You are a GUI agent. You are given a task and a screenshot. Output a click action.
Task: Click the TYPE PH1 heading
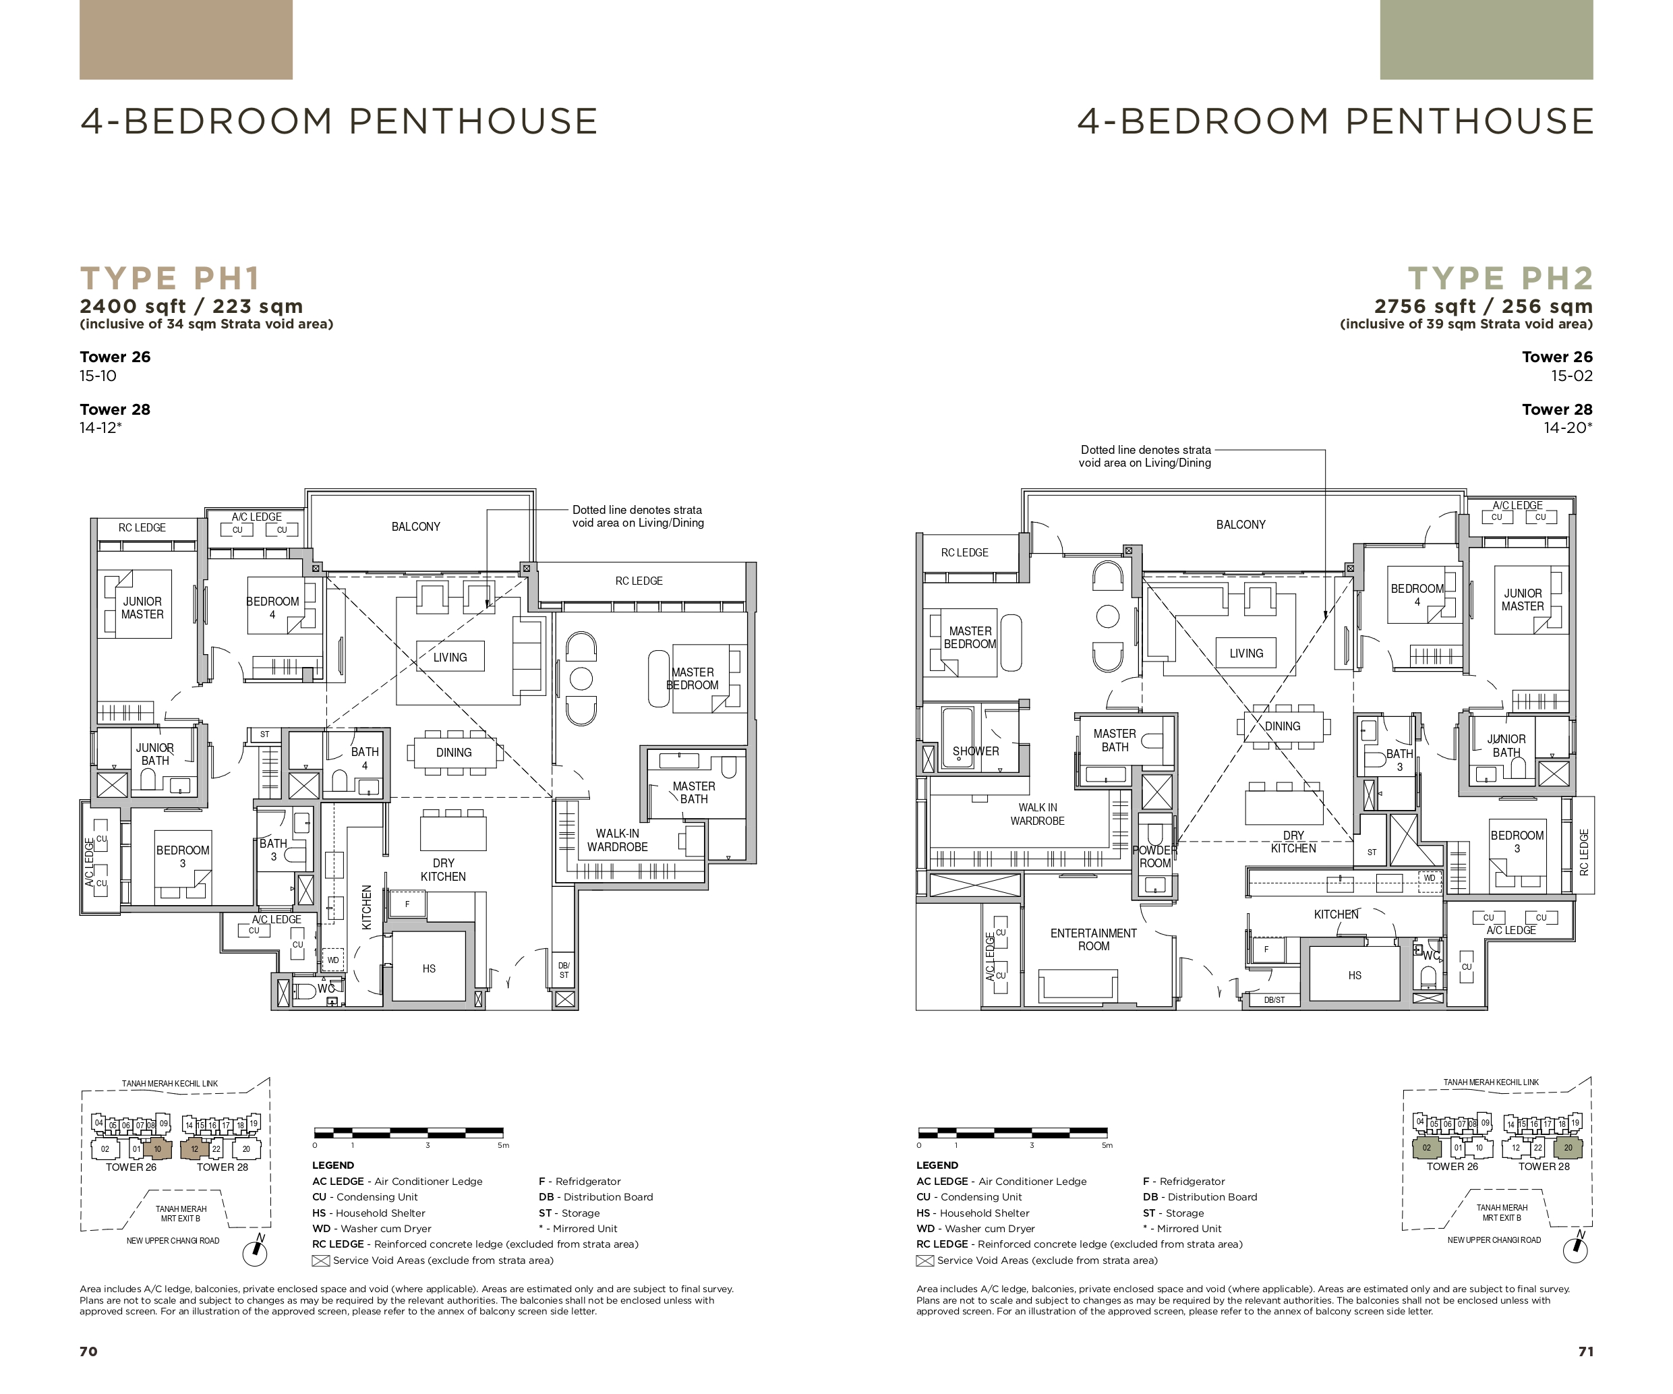(x=170, y=279)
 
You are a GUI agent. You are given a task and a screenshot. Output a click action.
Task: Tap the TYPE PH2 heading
(x=1501, y=279)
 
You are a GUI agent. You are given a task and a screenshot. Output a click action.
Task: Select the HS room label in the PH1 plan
(x=429, y=968)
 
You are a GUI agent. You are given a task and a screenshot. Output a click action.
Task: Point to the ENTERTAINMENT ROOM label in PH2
(x=1093, y=939)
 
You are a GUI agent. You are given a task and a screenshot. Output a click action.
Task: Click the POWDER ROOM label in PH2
(x=1155, y=856)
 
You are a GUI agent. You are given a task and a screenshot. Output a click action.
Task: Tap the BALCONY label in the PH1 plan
(x=416, y=527)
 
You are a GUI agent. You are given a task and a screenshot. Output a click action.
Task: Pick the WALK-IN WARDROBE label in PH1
(x=618, y=840)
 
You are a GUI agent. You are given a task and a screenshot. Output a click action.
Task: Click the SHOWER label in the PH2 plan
(x=976, y=751)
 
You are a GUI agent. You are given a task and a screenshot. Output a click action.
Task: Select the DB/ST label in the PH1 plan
(x=564, y=970)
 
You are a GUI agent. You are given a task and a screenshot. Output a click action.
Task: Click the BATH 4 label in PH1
(x=365, y=758)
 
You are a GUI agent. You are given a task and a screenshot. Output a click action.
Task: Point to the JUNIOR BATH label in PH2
(x=1506, y=746)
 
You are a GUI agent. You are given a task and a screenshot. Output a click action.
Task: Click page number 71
(x=1585, y=1351)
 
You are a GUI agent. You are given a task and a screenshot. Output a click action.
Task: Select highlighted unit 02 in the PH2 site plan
(x=1426, y=1148)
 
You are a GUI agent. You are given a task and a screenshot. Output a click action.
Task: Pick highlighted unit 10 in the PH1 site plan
(x=158, y=1149)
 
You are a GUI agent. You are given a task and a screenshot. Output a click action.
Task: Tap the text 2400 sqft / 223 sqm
(x=192, y=307)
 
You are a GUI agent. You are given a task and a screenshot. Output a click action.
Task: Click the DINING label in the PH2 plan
(x=1283, y=726)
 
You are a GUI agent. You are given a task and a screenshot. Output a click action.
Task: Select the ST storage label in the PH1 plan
(x=264, y=734)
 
